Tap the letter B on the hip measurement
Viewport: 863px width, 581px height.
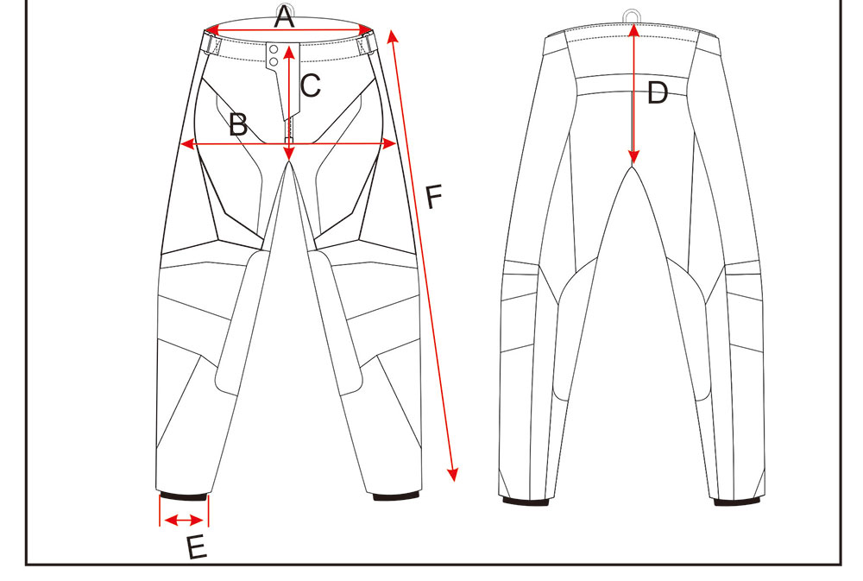(x=238, y=125)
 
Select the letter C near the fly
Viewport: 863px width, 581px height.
(x=310, y=85)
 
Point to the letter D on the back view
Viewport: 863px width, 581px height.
(x=658, y=92)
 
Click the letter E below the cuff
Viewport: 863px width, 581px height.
(x=197, y=547)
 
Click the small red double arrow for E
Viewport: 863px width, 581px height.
(x=184, y=520)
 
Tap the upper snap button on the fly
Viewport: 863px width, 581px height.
(x=273, y=50)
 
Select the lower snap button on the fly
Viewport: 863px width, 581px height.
(x=273, y=61)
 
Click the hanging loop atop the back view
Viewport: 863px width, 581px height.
(x=633, y=15)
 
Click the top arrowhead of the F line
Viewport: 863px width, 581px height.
(x=393, y=35)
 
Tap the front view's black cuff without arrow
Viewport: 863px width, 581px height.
(x=396, y=496)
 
